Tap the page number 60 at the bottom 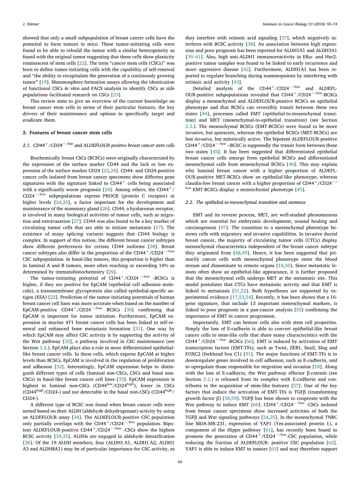tap(180, 461)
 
